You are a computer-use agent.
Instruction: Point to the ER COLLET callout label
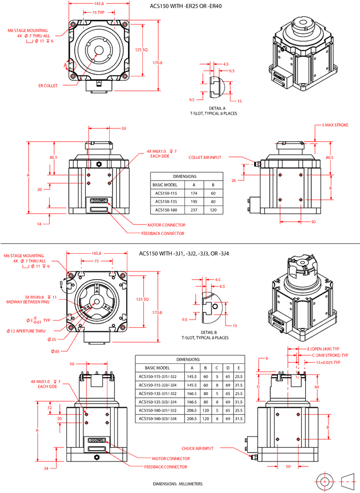(49, 86)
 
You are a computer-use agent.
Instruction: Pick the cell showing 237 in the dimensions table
(193, 210)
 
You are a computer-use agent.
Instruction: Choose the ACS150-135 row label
(166, 201)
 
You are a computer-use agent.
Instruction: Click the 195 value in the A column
(193, 201)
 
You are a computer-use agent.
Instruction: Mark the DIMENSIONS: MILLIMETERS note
(178, 484)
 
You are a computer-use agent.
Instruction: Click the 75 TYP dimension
(98, 12)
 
